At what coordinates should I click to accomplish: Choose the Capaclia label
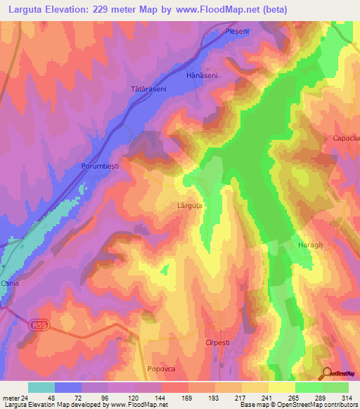point(346,138)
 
